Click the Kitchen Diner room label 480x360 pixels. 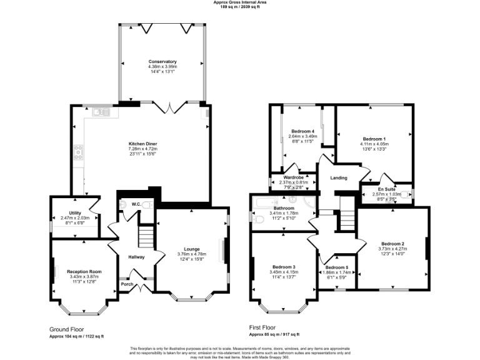tap(142, 144)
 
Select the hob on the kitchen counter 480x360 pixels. tap(79, 151)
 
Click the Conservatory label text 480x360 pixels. tap(162, 61)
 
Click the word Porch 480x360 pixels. tap(127, 284)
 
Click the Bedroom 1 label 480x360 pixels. tap(374, 138)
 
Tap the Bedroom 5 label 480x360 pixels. tap(337, 267)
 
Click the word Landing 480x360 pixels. tap(339, 178)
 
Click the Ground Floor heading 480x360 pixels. tap(67, 329)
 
